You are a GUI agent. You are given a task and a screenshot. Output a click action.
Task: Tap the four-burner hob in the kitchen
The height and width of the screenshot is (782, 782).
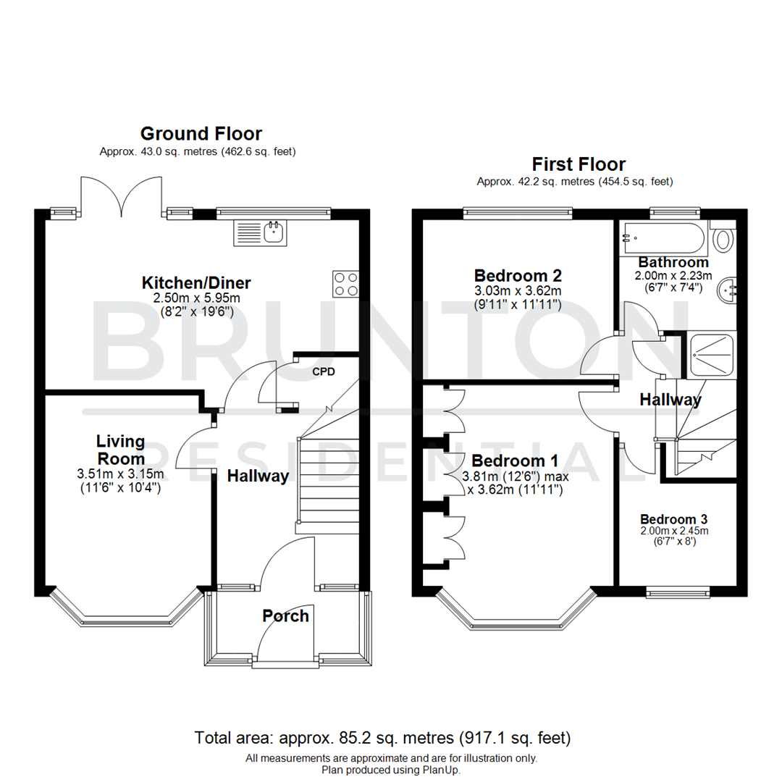[346, 283]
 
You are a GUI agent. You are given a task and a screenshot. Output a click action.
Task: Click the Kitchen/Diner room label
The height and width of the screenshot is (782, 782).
[196, 282]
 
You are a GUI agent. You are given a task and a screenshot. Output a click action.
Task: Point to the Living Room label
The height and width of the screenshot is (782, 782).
[121, 450]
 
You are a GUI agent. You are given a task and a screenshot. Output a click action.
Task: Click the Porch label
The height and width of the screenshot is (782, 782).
[285, 616]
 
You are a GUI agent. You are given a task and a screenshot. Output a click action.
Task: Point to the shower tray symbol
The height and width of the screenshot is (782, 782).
[710, 355]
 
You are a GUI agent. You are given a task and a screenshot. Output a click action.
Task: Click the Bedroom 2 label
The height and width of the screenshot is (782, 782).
[518, 276]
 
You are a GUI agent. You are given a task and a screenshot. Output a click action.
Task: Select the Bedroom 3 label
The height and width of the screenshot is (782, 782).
[673, 519]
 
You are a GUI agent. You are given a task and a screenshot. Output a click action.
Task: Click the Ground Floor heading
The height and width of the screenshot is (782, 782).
[201, 133]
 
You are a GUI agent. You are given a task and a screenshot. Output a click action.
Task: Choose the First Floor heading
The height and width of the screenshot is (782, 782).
[579, 164]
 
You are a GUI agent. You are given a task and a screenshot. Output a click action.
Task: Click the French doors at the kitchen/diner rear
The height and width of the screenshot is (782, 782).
[120, 197]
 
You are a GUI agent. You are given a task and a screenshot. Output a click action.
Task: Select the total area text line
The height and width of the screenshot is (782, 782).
[382, 739]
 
